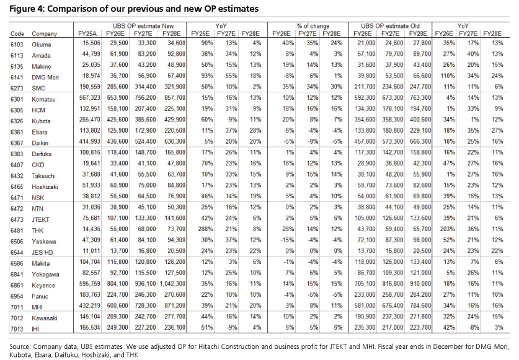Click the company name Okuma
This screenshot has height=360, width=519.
(42, 45)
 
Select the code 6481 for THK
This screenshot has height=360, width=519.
(17, 230)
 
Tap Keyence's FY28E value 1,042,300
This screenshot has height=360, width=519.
(172, 284)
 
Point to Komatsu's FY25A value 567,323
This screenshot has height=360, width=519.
(90, 98)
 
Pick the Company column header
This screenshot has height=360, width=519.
(45, 33)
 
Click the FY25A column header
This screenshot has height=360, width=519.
(87, 33)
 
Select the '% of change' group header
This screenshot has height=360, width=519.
(313, 26)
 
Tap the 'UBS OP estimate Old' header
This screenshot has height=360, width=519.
(390, 26)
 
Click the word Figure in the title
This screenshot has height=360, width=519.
(21, 9)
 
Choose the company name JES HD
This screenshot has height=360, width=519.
(42, 252)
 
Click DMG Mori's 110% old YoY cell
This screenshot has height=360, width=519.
(448, 76)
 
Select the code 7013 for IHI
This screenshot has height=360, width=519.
(17, 329)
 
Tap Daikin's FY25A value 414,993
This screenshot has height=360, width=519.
(90, 141)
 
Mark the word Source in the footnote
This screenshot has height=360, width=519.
(20, 347)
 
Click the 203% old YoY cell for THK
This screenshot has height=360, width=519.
(447, 229)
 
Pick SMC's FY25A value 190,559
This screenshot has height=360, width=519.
(90, 87)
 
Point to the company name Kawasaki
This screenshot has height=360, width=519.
(45, 318)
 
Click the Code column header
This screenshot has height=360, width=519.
(17, 33)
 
